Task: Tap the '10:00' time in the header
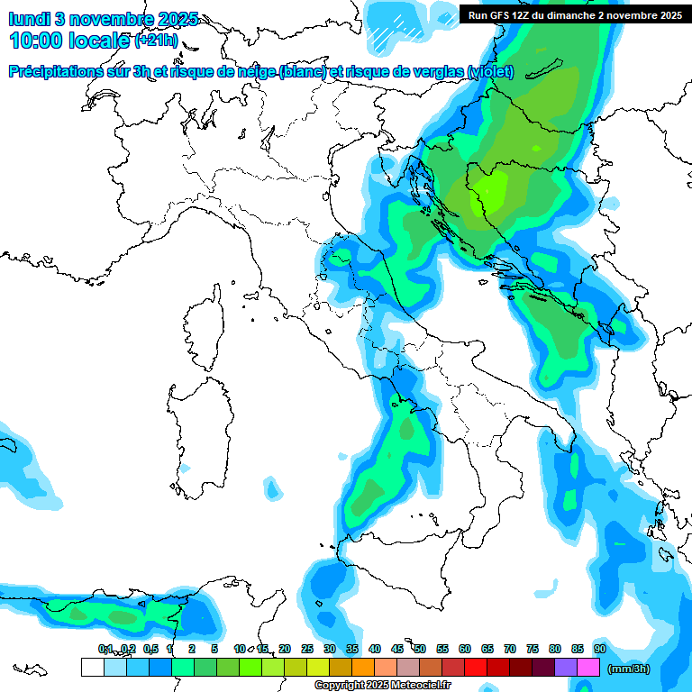pos(35,41)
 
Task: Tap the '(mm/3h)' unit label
pos(628,669)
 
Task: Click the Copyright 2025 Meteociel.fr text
pos(382,686)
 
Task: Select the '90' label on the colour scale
pos(599,649)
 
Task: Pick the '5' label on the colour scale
pos(214,649)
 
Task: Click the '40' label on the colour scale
pos(374,649)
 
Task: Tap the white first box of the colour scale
pos(92,668)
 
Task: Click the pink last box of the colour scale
pos(588,668)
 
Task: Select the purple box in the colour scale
pos(566,668)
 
